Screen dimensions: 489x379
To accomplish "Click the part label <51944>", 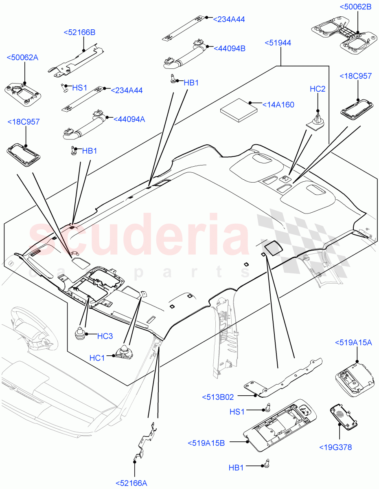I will click(x=278, y=43).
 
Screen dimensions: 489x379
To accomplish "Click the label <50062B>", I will click(x=355, y=7).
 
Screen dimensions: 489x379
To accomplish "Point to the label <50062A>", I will click(x=23, y=57).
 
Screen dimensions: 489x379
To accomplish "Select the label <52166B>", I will click(x=79, y=33).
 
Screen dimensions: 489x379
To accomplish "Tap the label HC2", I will click(x=318, y=89).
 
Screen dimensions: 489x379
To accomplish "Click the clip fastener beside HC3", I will click(x=81, y=333).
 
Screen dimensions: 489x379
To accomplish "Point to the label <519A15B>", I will click(x=206, y=443).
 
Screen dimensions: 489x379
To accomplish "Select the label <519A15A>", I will click(x=353, y=343).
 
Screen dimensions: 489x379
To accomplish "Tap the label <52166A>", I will click(x=131, y=483).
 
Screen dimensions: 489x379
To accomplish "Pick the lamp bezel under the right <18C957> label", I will click(x=357, y=109).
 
